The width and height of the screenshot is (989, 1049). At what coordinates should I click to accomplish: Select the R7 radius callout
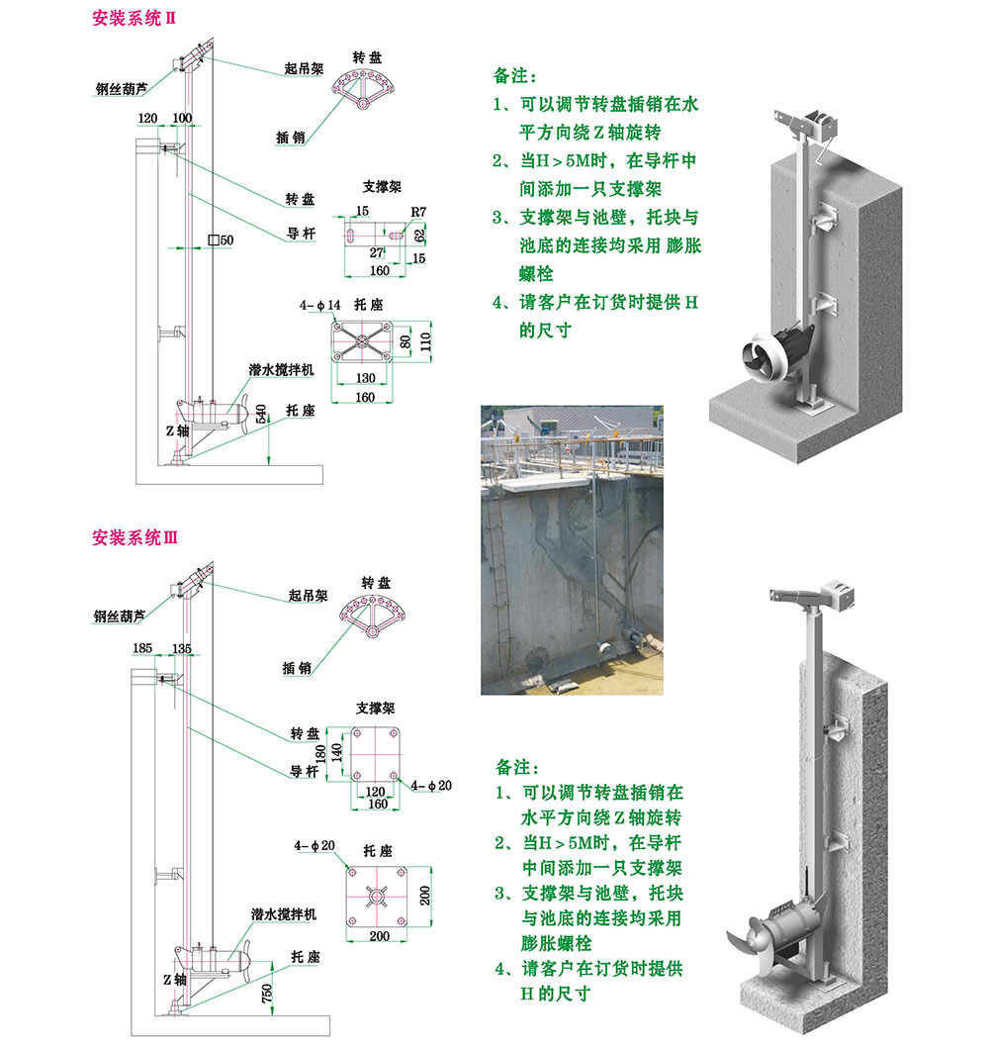point(417,211)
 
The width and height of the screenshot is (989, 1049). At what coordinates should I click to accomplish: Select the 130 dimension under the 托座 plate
point(366,379)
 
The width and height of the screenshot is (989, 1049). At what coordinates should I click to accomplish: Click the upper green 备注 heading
point(515,75)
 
